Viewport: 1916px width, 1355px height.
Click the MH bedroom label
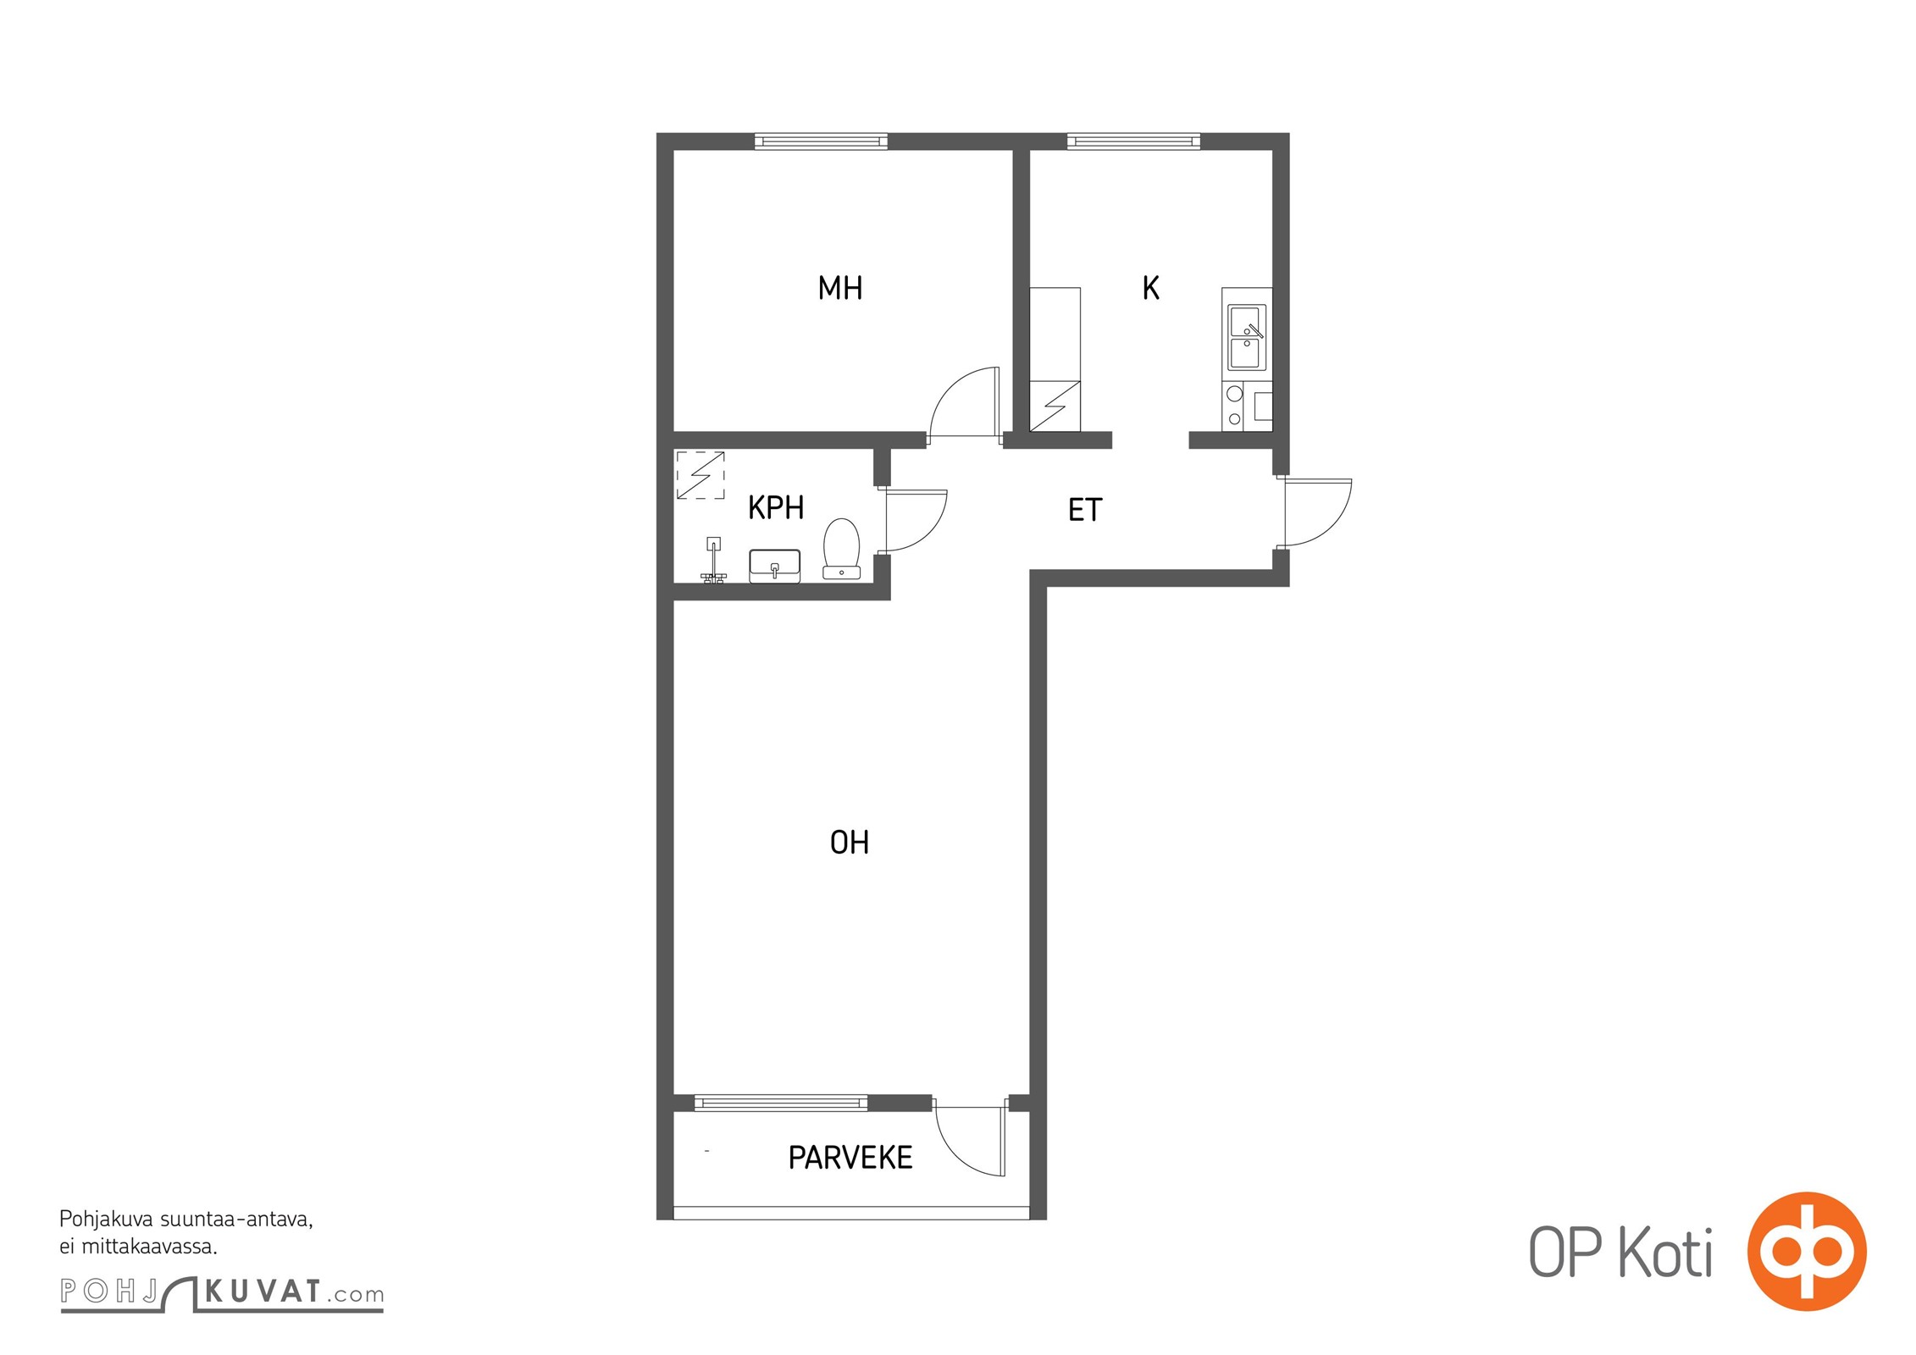click(x=840, y=289)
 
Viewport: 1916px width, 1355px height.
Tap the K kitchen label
click(x=1150, y=289)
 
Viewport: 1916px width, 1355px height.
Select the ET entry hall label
click(x=1085, y=510)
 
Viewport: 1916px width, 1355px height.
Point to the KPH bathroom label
click(x=776, y=508)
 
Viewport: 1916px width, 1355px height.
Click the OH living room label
click(x=850, y=843)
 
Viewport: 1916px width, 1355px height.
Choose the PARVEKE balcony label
click(x=850, y=1158)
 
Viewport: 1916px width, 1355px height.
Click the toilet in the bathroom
click(x=841, y=550)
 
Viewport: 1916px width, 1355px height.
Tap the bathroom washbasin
click(x=774, y=567)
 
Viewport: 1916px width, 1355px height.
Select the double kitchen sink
click(x=1247, y=338)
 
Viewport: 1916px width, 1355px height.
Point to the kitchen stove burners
click(x=1235, y=406)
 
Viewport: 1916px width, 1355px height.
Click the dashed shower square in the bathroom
click(x=701, y=475)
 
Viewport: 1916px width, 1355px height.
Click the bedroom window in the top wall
click(x=821, y=141)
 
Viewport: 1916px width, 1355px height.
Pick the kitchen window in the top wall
click(x=1133, y=141)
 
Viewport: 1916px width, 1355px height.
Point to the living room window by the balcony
click(x=781, y=1103)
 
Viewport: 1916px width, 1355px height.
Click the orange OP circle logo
click(x=1807, y=1252)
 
